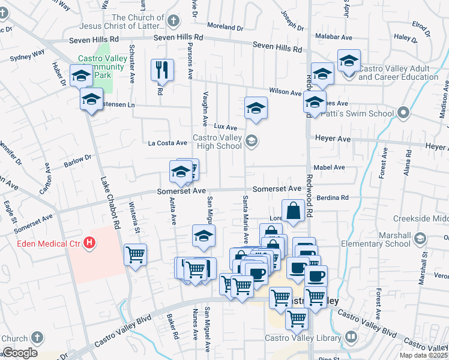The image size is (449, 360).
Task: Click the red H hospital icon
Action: (x=89, y=242)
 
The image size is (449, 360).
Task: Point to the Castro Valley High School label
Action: (x=217, y=142)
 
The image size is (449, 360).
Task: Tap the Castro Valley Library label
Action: (x=303, y=338)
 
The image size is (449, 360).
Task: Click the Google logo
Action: (x=20, y=353)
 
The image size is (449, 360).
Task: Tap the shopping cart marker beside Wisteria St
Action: (x=135, y=254)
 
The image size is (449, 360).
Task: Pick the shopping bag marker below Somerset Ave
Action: (x=292, y=211)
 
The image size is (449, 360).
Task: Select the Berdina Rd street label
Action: (x=333, y=197)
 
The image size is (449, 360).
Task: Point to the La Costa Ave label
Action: (x=168, y=143)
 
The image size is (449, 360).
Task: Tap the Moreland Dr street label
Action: (x=225, y=27)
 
